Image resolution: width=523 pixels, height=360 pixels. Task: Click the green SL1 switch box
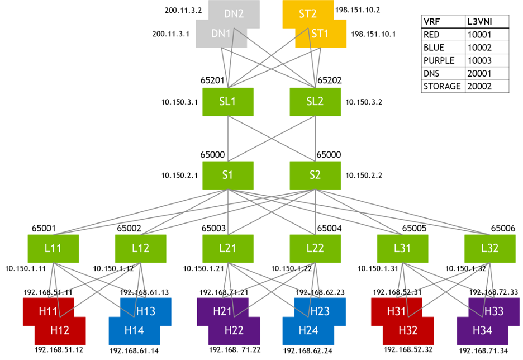coord(227,102)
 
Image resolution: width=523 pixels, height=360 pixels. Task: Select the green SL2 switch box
coord(315,102)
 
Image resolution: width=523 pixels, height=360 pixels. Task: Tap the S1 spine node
coord(227,175)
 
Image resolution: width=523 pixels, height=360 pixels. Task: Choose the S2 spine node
coord(315,175)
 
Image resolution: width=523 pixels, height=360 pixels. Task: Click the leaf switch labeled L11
coord(53,248)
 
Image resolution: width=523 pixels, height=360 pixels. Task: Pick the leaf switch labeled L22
coord(315,248)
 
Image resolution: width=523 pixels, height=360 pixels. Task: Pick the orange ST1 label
coord(320,34)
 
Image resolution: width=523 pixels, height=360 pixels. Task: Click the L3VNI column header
coord(479,22)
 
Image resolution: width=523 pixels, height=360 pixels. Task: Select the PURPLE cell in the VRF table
coord(439,60)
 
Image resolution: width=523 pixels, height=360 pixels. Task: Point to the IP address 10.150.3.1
coord(180,102)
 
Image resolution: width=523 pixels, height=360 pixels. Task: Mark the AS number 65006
coord(502,228)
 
